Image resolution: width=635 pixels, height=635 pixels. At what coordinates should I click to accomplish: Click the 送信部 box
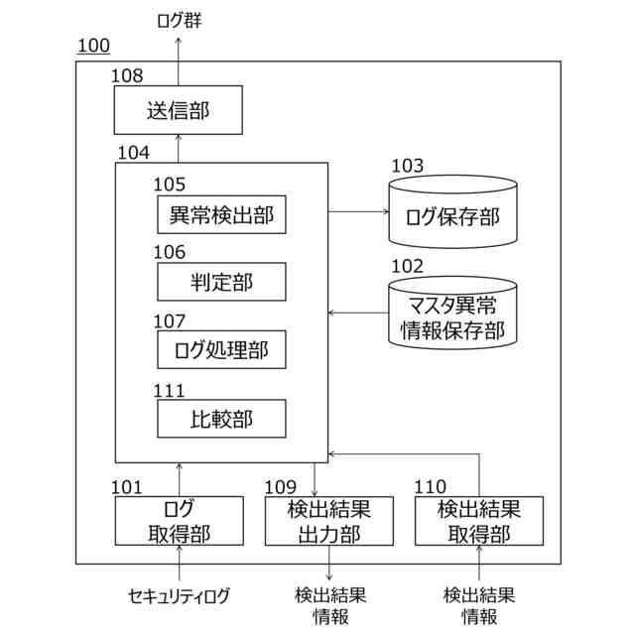pyautogui.click(x=178, y=110)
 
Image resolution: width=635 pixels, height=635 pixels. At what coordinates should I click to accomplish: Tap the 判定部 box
pyautogui.click(x=221, y=282)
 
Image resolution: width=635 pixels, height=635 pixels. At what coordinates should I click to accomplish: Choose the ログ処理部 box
pyautogui.click(x=221, y=349)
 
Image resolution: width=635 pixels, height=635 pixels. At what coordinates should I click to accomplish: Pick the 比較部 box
pyautogui.click(x=221, y=418)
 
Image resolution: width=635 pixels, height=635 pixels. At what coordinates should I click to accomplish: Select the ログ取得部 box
pyautogui.click(x=178, y=521)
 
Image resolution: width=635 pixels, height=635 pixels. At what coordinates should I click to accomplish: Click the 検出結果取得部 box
pyautogui.click(x=479, y=521)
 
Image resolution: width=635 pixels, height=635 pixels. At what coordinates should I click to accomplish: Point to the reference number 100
pyautogui.click(x=92, y=47)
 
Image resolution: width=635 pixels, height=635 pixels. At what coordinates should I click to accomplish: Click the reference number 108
pyautogui.click(x=126, y=75)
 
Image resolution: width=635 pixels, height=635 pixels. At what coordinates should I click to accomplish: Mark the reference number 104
pyautogui.click(x=133, y=153)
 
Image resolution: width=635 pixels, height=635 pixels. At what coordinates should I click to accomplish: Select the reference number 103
pyautogui.click(x=407, y=166)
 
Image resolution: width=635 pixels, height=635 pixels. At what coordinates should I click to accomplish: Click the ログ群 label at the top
pyautogui.click(x=179, y=20)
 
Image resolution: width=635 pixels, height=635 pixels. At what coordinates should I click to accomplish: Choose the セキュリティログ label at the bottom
pyautogui.click(x=179, y=596)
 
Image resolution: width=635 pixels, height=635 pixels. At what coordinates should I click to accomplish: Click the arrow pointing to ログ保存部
pyautogui.click(x=357, y=211)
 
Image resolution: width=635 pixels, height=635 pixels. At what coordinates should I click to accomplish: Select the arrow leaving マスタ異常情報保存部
pyautogui.click(x=357, y=313)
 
